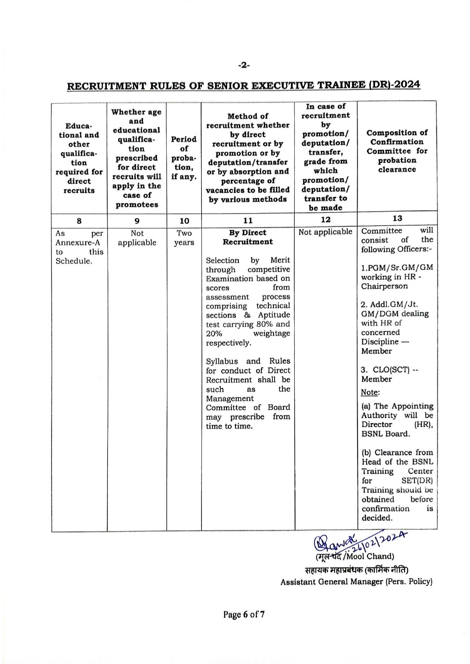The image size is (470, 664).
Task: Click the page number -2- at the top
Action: point(244,65)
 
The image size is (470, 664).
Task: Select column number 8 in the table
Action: point(79,221)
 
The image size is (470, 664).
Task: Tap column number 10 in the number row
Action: point(184,221)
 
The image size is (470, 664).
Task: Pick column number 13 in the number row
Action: point(397,218)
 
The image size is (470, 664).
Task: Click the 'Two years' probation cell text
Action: point(184,238)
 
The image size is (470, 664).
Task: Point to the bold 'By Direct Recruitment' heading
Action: point(248,237)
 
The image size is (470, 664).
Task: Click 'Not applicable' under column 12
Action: point(325,232)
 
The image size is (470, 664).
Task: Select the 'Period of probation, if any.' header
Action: point(184,158)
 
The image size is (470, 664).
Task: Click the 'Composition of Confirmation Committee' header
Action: point(397,151)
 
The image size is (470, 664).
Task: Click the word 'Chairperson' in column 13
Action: point(379,286)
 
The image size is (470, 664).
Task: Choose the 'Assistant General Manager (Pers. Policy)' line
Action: point(356,582)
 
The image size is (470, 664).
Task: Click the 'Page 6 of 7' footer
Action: point(244,614)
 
